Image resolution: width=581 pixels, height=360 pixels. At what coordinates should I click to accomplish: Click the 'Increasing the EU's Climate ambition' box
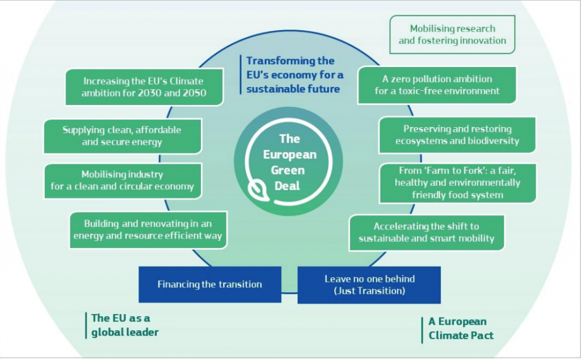click(x=145, y=87)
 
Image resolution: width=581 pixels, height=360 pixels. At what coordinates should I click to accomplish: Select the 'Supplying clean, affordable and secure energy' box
click(x=123, y=136)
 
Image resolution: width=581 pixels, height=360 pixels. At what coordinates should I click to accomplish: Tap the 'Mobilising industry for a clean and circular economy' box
click(x=123, y=181)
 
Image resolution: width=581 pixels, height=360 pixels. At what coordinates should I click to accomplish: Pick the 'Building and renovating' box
click(x=148, y=230)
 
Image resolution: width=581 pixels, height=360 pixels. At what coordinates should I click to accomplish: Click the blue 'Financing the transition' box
click(x=210, y=284)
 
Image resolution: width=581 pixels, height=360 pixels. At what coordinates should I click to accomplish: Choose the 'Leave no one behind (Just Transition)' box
click(x=369, y=284)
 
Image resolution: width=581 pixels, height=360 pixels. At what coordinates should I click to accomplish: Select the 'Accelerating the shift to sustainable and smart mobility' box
click(x=427, y=232)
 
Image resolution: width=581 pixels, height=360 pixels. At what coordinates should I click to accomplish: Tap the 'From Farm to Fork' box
click(x=458, y=183)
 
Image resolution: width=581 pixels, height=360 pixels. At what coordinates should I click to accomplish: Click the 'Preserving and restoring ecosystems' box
click(x=457, y=135)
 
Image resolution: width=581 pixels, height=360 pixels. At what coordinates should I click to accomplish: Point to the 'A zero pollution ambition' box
click(x=437, y=85)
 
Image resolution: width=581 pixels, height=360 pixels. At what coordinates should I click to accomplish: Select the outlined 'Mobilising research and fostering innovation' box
click(x=452, y=35)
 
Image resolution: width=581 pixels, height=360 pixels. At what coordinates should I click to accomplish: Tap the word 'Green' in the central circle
click(x=288, y=170)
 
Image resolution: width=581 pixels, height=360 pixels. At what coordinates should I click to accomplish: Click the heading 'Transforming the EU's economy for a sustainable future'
click(x=294, y=75)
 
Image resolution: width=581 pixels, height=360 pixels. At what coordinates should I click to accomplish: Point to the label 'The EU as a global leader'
click(x=125, y=325)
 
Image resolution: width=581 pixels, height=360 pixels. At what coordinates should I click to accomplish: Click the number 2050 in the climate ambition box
click(x=194, y=93)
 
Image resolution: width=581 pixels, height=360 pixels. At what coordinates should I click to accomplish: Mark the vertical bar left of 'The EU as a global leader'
click(x=86, y=325)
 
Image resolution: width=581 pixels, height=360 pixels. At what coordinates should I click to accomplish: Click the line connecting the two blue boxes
click(x=289, y=293)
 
